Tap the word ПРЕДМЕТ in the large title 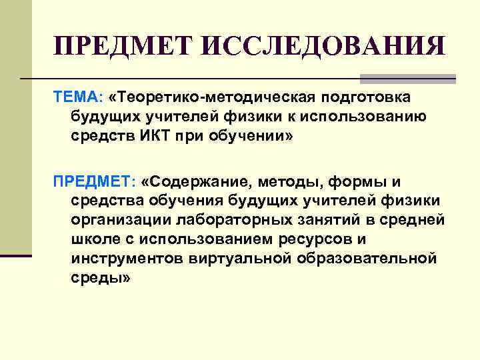click(x=125, y=47)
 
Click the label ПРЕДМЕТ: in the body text click(x=93, y=182)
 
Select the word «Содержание click(x=195, y=182)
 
